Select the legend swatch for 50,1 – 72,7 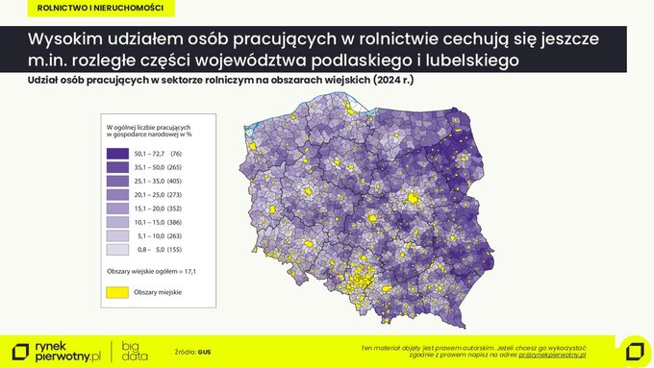pos(117,154)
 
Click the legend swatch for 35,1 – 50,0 pos(117,167)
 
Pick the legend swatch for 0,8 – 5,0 pos(117,249)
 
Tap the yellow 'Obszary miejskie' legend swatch pos(117,292)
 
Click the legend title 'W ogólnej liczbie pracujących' pos(148,128)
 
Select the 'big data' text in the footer pos(135,351)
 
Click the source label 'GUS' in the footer pos(204,352)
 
